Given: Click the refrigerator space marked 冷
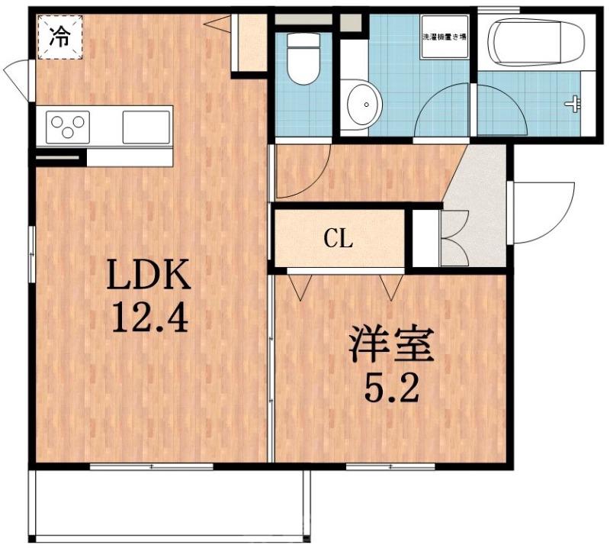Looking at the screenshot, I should [58, 37].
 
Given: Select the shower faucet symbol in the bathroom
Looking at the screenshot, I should [572, 102].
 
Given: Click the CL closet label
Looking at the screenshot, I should [339, 240].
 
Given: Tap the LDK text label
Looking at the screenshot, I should [147, 276].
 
